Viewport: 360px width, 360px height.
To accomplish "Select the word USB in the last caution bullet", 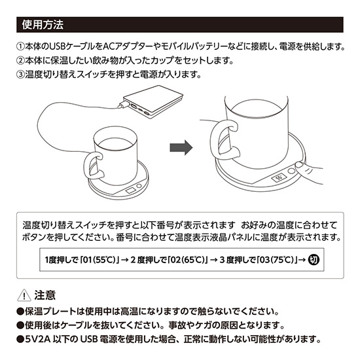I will [88, 339].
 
